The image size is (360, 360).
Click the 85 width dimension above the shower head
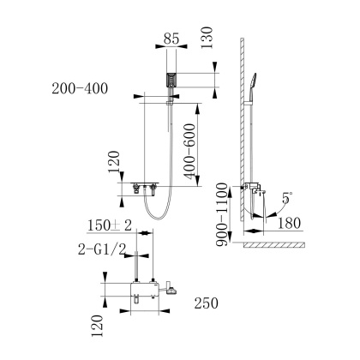pos(171,39)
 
